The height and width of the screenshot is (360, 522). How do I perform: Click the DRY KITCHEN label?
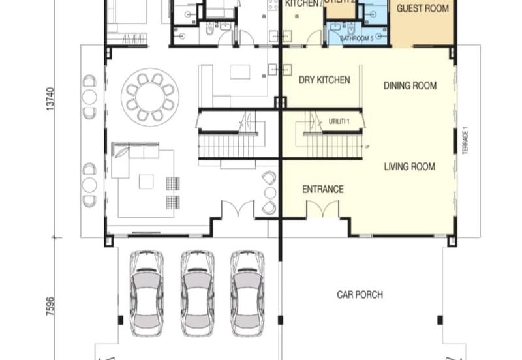click(324, 80)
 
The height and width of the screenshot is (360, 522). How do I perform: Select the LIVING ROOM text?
click(409, 167)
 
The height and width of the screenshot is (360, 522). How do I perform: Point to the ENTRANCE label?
click(322, 190)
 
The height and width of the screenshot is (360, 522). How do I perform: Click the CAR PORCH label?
click(360, 295)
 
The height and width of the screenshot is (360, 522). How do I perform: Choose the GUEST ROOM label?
click(423, 9)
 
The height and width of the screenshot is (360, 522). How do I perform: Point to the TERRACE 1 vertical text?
click(465, 142)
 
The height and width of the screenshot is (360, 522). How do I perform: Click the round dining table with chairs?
click(150, 97)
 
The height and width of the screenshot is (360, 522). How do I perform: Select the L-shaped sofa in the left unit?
click(130, 158)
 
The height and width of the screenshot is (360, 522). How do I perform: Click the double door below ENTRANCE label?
click(322, 209)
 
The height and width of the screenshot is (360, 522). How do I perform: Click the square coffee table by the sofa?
click(146, 181)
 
